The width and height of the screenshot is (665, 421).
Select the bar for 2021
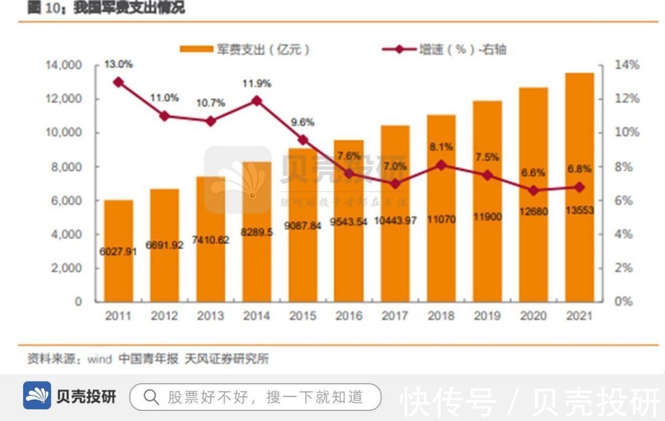pyautogui.click(x=580, y=188)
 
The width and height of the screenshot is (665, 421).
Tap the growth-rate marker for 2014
pyautogui.click(x=257, y=101)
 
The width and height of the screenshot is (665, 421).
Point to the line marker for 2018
pyautogui.click(x=441, y=165)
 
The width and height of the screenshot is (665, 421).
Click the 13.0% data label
pyautogui.click(x=118, y=64)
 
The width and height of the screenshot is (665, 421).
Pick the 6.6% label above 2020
pyautogui.click(x=533, y=173)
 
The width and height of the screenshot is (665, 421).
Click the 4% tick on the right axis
pyautogui.click(x=627, y=234)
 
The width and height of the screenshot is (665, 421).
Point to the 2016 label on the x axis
pyautogui.click(x=349, y=316)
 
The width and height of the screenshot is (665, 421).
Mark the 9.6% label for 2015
pyautogui.click(x=303, y=122)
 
